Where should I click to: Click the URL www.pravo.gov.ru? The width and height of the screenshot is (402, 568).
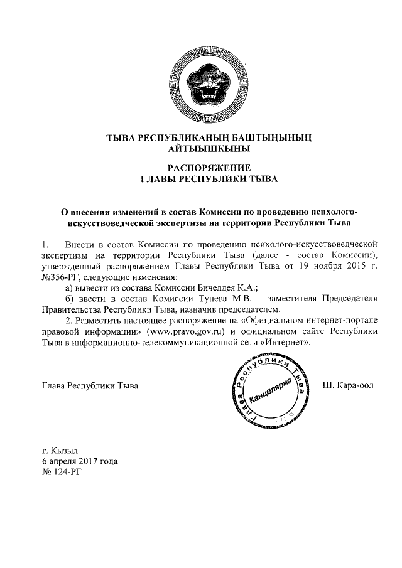click(185, 331)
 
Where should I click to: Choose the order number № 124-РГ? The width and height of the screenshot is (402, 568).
click(61, 472)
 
